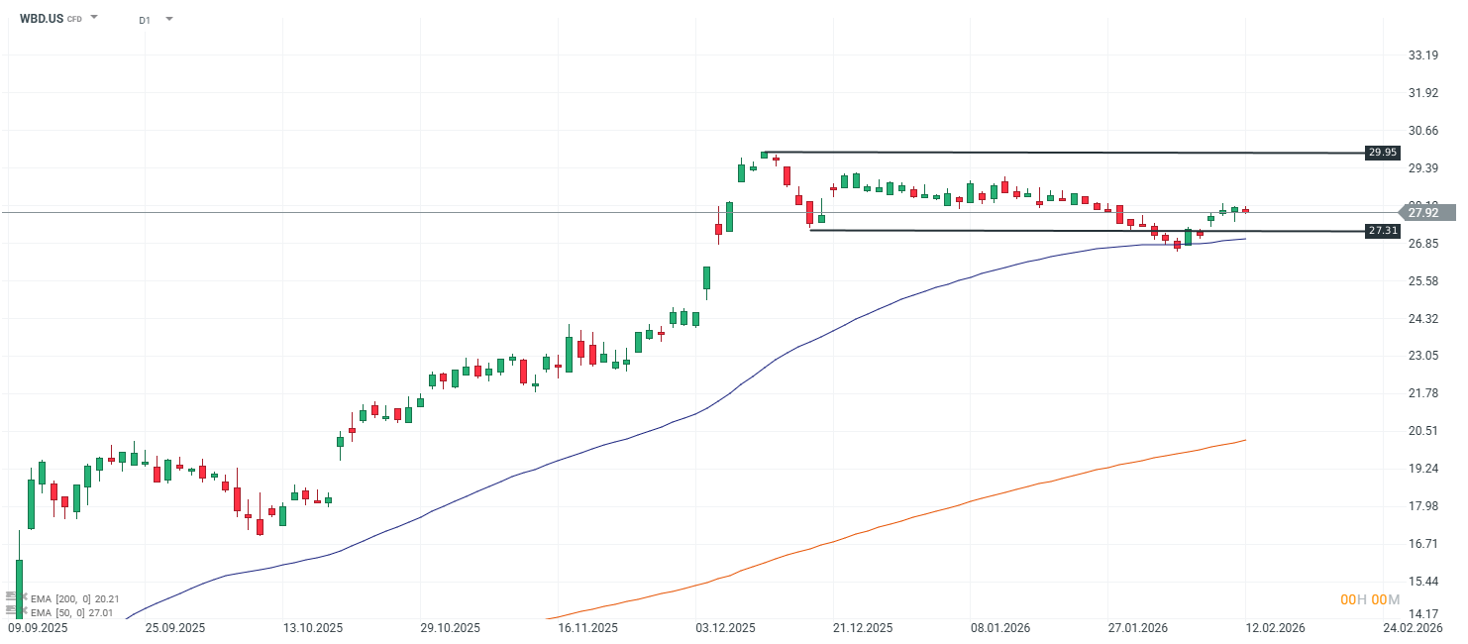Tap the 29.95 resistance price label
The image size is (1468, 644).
[1382, 153]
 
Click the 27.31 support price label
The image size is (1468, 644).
[1382, 231]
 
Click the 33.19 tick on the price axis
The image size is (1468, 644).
[1422, 55]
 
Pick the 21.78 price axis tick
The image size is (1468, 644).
[1422, 393]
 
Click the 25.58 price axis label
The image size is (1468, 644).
[1422, 281]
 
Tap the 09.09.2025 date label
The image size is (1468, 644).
[37, 628]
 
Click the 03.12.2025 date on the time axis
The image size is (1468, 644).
[726, 628]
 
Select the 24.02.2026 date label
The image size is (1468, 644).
[1414, 628]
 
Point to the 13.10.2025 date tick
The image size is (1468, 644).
[312, 628]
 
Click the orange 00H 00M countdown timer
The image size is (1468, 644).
[1370, 600]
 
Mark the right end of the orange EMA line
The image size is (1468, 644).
[1245, 440]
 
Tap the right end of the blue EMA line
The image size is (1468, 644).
[1245, 239]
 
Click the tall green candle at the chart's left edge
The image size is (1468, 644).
[19, 590]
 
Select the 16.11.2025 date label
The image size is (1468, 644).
[588, 628]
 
